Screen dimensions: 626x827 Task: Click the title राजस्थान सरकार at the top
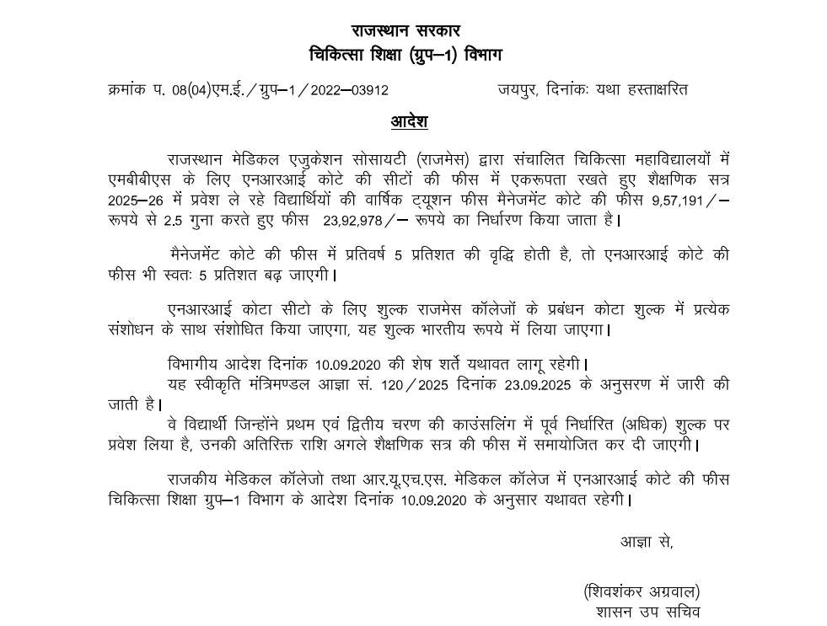click(x=405, y=31)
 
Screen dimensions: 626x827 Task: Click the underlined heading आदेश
click(x=409, y=121)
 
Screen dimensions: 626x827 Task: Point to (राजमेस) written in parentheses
click(x=443, y=159)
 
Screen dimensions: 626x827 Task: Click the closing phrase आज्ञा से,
click(x=647, y=542)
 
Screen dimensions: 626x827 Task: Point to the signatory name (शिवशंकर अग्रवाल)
click(x=641, y=592)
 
